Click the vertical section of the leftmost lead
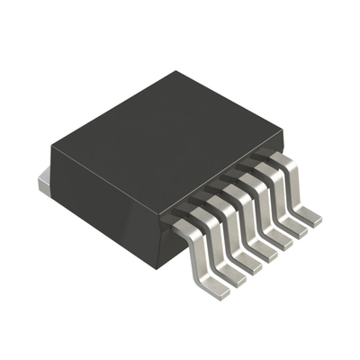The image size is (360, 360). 193,255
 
